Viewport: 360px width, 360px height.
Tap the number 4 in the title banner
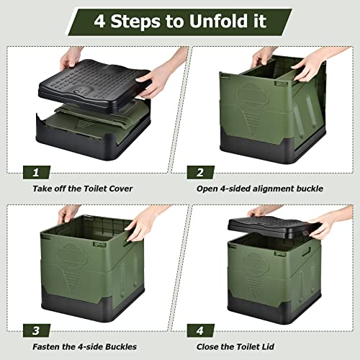tap(99, 21)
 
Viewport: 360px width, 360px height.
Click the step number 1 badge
tap(37, 172)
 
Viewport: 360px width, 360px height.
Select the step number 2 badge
tap(200, 172)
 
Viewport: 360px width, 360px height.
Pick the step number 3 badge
tap(37, 330)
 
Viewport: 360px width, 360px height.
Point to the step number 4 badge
tap(200, 330)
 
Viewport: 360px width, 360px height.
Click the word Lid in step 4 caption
tap(268, 347)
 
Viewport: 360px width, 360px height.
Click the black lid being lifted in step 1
tap(95, 84)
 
